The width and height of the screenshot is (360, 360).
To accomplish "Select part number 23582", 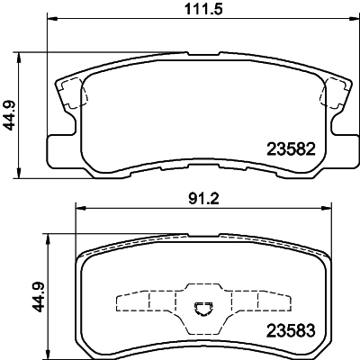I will (x=289, y=148).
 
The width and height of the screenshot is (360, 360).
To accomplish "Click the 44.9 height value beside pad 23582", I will (x=12, y=113).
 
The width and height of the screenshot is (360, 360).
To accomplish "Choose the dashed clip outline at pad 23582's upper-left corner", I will (x=71, y=93).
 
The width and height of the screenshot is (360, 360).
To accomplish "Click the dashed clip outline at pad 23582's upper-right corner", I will (x=335, y=93).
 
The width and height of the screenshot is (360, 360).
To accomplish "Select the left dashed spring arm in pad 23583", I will (x=148, y=301).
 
